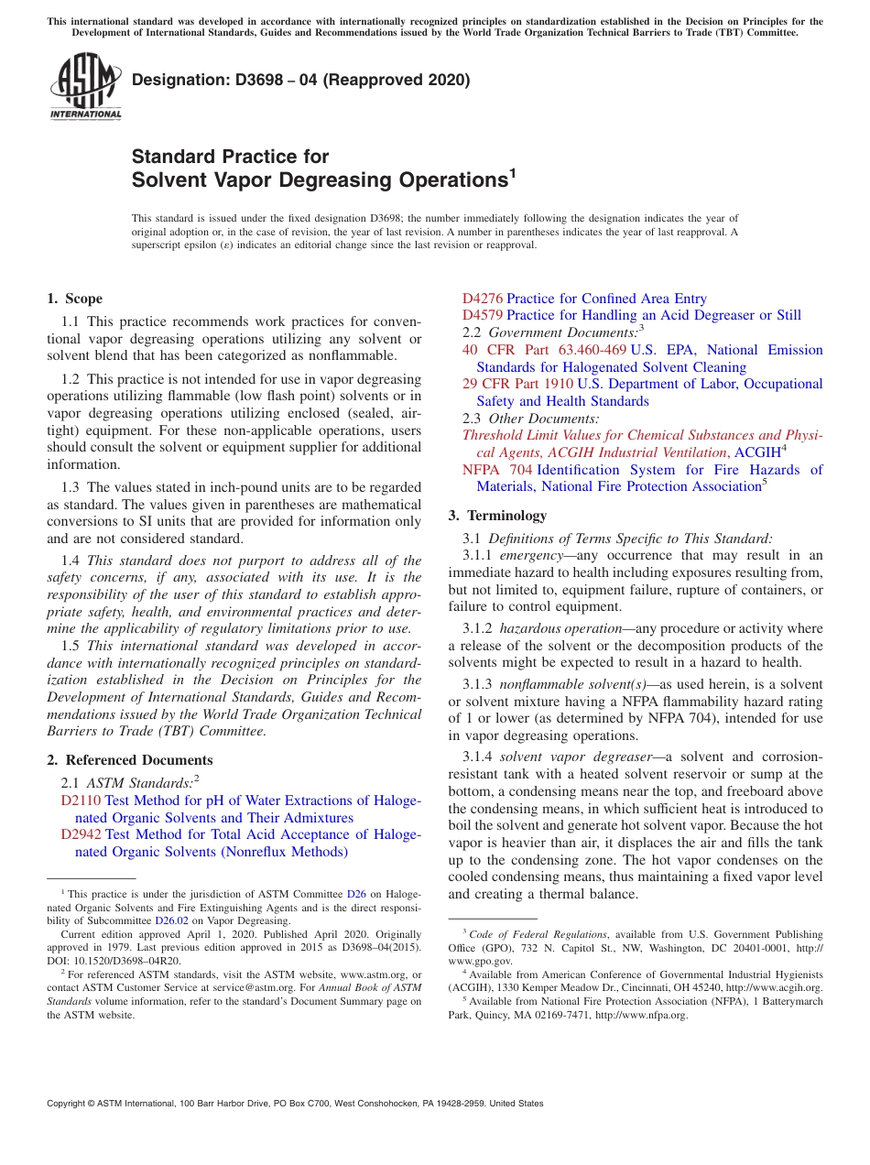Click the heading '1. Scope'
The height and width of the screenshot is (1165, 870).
tap(75, 299)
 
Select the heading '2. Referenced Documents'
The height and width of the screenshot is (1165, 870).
tap(130, 760)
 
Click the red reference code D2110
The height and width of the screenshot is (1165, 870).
tap(81, 800)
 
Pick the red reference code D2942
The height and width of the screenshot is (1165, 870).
tap(81, 834)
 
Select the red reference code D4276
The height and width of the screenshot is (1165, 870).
tap(482, 299)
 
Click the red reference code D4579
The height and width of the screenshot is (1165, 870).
tap(482, 315)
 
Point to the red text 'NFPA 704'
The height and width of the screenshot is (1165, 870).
tap(495, 470)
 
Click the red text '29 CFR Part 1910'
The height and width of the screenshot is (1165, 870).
tap(517, 384)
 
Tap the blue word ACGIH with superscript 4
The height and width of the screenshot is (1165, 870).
tap(757, 452)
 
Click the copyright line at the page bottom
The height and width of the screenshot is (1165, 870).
tap(295, 1104)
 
